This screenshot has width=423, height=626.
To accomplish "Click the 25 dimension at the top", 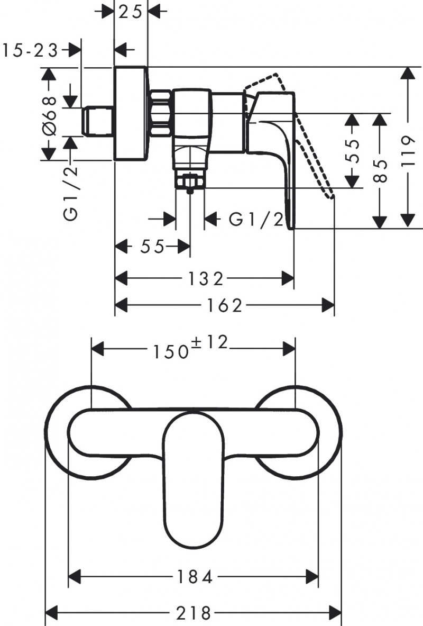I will (131, 11).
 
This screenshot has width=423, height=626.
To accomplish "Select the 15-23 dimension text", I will (30, 50).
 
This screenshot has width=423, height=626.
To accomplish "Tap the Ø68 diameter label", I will (50, 114).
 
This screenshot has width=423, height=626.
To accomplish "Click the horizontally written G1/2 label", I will (256, 219).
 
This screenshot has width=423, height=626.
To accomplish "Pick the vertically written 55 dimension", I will (353, 151).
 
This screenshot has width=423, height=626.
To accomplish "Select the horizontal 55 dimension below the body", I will (152, 247).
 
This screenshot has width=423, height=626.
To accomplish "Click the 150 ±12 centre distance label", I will (190, 348).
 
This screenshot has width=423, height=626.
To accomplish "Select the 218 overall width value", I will (194, 613).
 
